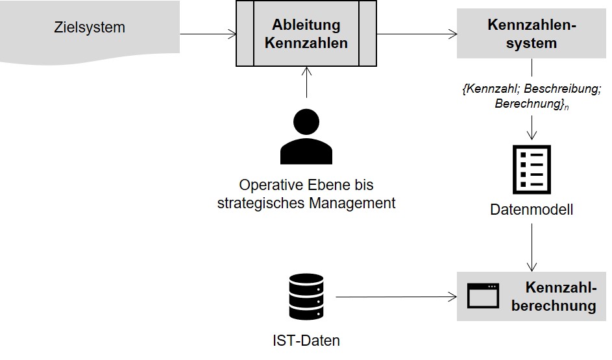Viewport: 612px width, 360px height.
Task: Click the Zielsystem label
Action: [x=90, y=28]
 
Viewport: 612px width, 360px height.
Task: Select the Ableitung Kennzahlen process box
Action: [x=306, y=34]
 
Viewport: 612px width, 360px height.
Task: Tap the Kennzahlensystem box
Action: [x=531, y=34]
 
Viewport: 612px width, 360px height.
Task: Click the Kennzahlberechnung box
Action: [x=531, y=296]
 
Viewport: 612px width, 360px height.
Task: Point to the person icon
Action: [x=306, y=137]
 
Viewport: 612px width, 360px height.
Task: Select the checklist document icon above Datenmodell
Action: [x=532, y=169]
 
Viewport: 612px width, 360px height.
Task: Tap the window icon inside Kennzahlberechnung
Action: [x=483, y=296]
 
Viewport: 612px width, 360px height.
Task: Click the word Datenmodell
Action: [x=531, y=210]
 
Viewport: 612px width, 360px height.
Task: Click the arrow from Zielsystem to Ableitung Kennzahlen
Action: [x=206, y=34]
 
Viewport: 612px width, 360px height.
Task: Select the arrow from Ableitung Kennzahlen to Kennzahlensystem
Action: [x=417, y=34]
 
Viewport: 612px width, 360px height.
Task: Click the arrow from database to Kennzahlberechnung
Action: [x=396, y=297]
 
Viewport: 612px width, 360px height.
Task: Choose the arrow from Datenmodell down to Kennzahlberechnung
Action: [x=532, y=246]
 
